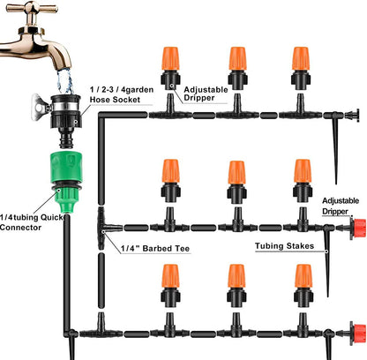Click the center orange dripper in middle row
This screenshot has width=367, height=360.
point(236,173)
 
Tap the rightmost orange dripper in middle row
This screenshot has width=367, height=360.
point(302,173)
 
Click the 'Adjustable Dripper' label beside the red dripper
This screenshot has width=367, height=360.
point(343,206)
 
